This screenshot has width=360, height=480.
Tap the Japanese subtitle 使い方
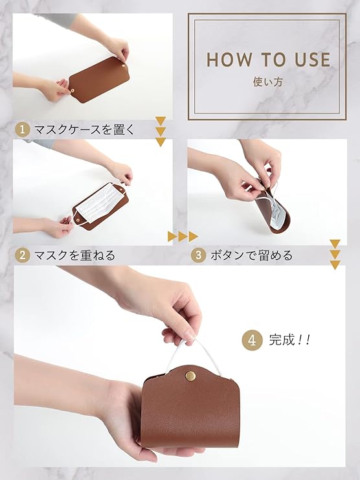(x=267, y=82)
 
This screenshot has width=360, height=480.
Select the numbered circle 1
(x=22, y=130)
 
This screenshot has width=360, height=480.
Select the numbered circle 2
(x=22, y=255)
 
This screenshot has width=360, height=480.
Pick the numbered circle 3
(x=198, y=255)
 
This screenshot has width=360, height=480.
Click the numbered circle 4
(x=252, y=340)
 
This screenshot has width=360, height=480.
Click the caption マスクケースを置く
(x=84, y=130)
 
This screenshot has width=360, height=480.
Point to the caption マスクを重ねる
(x=75, y=255)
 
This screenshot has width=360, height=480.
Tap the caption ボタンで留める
(x=251, y=255)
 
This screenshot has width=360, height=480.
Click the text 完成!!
(x=289, y=340)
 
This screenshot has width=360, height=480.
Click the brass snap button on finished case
(x=190, y=375)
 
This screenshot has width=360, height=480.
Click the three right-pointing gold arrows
(x=183, y=236)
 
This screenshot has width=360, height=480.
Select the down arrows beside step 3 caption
(x=335, y=255)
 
